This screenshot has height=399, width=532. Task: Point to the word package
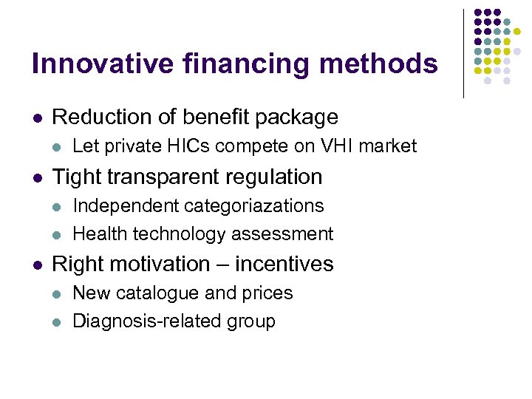pos(297,117)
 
